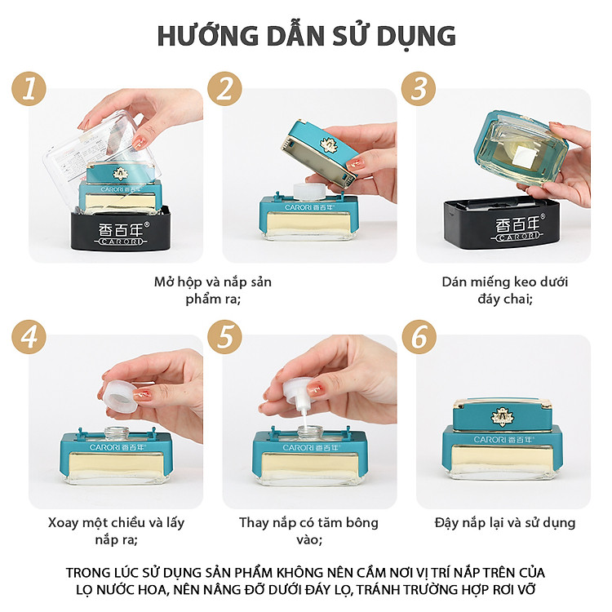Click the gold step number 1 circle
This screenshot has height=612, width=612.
coord(29,89)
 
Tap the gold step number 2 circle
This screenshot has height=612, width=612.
coord(224,89)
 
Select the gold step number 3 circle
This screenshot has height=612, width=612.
coord(419,89)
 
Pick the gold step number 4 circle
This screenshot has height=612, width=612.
coord(29,337)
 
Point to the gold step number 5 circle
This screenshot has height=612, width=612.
coord(224,337)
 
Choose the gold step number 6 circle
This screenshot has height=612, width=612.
coord(419,337)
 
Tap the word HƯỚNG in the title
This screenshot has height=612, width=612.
coord(207,35)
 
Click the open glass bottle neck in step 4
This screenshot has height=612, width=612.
coord(117,432)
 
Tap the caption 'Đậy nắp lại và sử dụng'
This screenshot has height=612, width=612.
coord(505,523)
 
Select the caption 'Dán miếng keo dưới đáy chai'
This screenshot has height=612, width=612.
coord(505,290)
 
